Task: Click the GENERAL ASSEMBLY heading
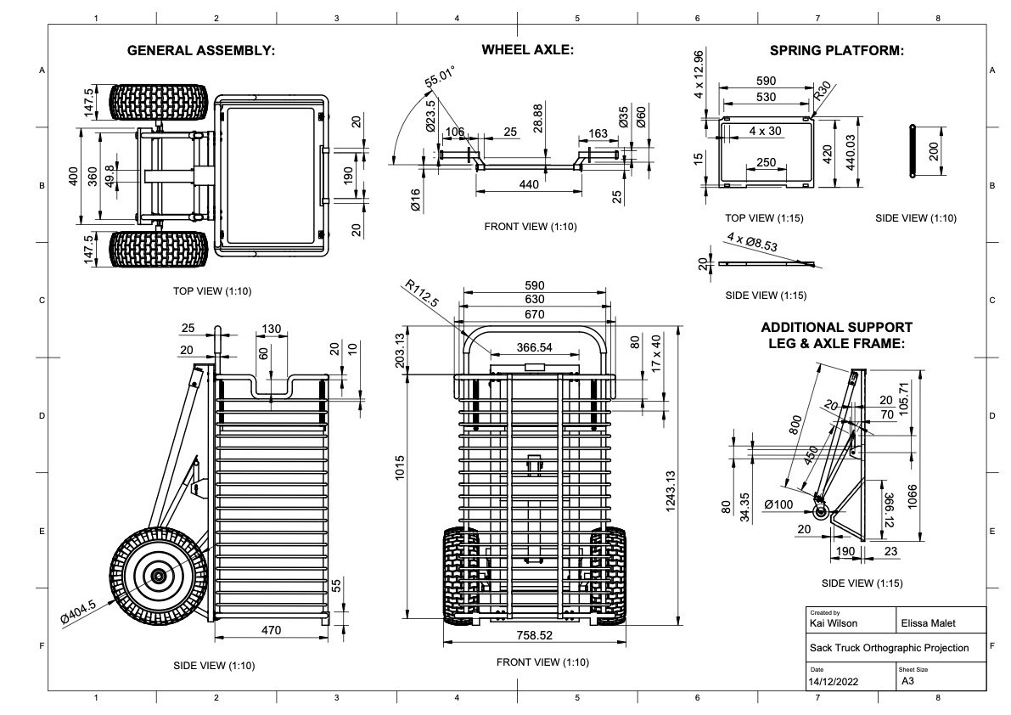coord(201,51)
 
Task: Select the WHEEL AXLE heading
coord(528,50)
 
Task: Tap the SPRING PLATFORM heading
coord(836,51)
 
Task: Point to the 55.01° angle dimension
coord(441,78)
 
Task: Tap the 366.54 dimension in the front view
coord(522,348)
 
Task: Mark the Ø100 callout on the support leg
coord(779,504)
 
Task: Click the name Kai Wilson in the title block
coord(834,623)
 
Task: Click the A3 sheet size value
coord(907,681)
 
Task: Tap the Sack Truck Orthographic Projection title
coord(889,648)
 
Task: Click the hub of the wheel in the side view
coord(158,575)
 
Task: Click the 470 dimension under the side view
coord(271,630)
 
